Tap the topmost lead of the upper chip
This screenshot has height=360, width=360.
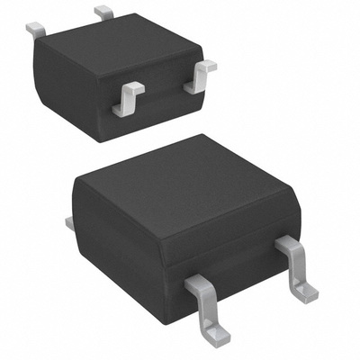point(104,13)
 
